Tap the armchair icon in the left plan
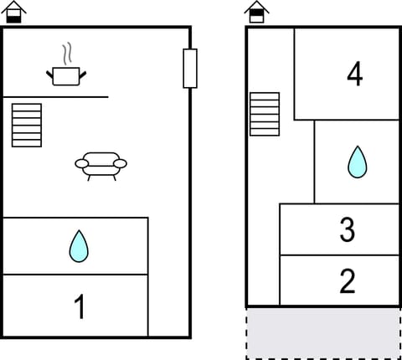(x=100, y=164)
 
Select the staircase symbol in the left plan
(x=27, y=125)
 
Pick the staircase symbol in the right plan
(x=265, y=113)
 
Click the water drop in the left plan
(x=79, y=246)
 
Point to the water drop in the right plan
(x=358, y=162)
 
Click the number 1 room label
(x=80, y=307)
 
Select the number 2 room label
(x=348, y=281)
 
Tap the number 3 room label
(x=348, y=229)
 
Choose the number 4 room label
(x=354, y=75)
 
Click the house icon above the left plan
(x=15, y=12)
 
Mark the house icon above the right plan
(x=257, y=12)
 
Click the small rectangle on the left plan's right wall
(x=190, y=69)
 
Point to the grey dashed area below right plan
(x=322, y=333)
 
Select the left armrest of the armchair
(x=81, y=163)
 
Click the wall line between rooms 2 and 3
(x=338, y=255)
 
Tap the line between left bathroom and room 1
(x=75, y=275)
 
